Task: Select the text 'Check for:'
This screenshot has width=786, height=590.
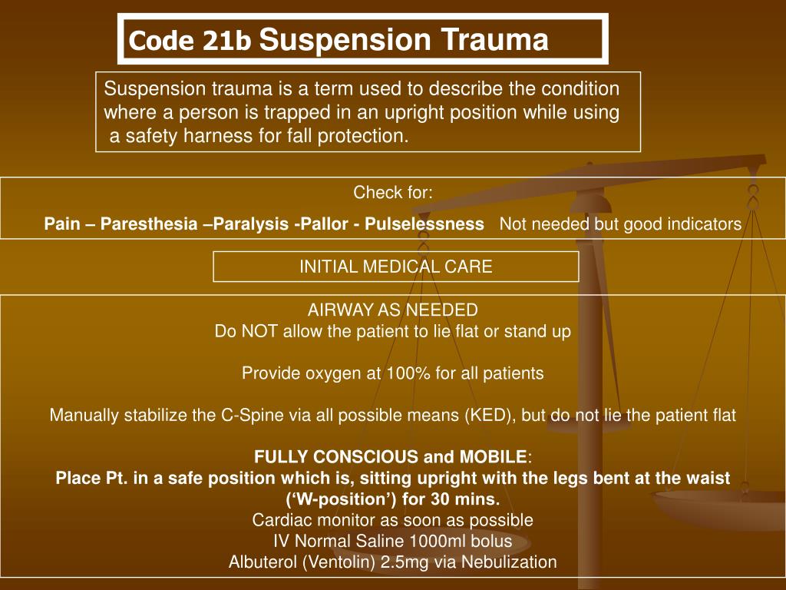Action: pyautogui.click(x=392, y=193)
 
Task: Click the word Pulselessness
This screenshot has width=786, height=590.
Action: pyautogui.click(x=424, y=224)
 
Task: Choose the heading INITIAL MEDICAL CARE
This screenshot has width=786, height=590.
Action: pyautogui.click(x=395, y=267)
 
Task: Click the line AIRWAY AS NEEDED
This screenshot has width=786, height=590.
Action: pyautogui.click(x=392, y=310)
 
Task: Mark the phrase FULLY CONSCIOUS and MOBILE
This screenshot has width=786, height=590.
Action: pyautogui.click(x=391, y=457)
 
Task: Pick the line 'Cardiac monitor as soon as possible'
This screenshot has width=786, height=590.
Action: pyautogui.click(x=392, y=520)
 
